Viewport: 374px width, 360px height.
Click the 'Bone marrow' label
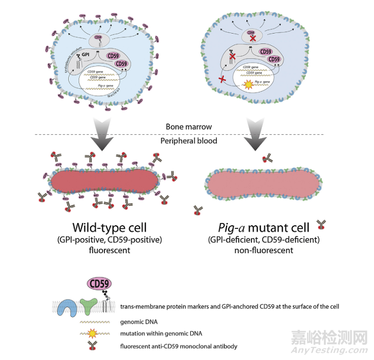click(x=182, y=127)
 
